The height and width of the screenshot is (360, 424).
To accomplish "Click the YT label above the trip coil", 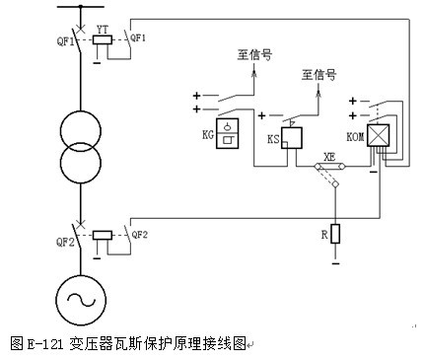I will click(x=102, y=30).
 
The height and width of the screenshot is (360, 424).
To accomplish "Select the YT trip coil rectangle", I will click(x=101, y=41).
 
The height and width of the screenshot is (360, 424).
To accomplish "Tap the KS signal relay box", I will click(x=292, y=138).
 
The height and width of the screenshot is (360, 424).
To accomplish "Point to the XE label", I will click(x=329, y=156).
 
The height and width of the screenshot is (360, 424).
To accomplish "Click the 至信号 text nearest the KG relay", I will click(x=255, y=56).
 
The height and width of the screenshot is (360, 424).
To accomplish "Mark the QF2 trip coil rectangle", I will click(x=101, y=237).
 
